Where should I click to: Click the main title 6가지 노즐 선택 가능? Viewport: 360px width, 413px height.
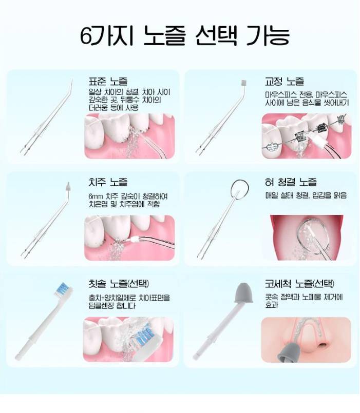tap(184, 35)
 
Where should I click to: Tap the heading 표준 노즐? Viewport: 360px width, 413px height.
tap(108, 81)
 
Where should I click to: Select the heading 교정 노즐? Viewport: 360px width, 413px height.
tap(285, 81)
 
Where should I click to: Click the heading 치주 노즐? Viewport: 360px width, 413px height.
tap(108, 182)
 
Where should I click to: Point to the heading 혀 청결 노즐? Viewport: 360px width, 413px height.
tap(291, 182)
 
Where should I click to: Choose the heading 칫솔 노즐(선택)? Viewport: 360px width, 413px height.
tap(119, 283)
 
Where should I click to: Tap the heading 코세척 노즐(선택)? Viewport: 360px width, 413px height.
tap(299, 283)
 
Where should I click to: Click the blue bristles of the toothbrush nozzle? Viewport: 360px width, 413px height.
tap(63, 288)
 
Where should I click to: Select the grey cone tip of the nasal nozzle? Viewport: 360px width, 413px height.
tap(243, 293)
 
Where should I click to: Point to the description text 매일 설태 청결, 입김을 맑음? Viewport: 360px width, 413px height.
tap(306, 195)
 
